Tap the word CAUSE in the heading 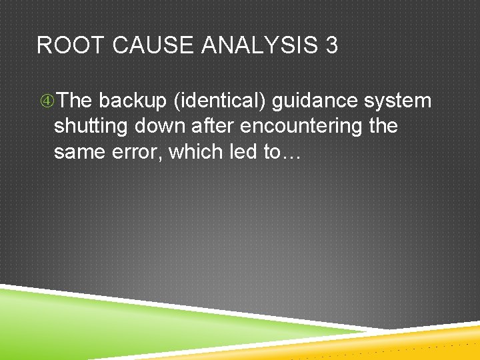coord(151,45)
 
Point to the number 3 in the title coord(331,45)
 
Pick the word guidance coord(315,101)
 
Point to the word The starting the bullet coord(75,101)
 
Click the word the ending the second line coord(383,127)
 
